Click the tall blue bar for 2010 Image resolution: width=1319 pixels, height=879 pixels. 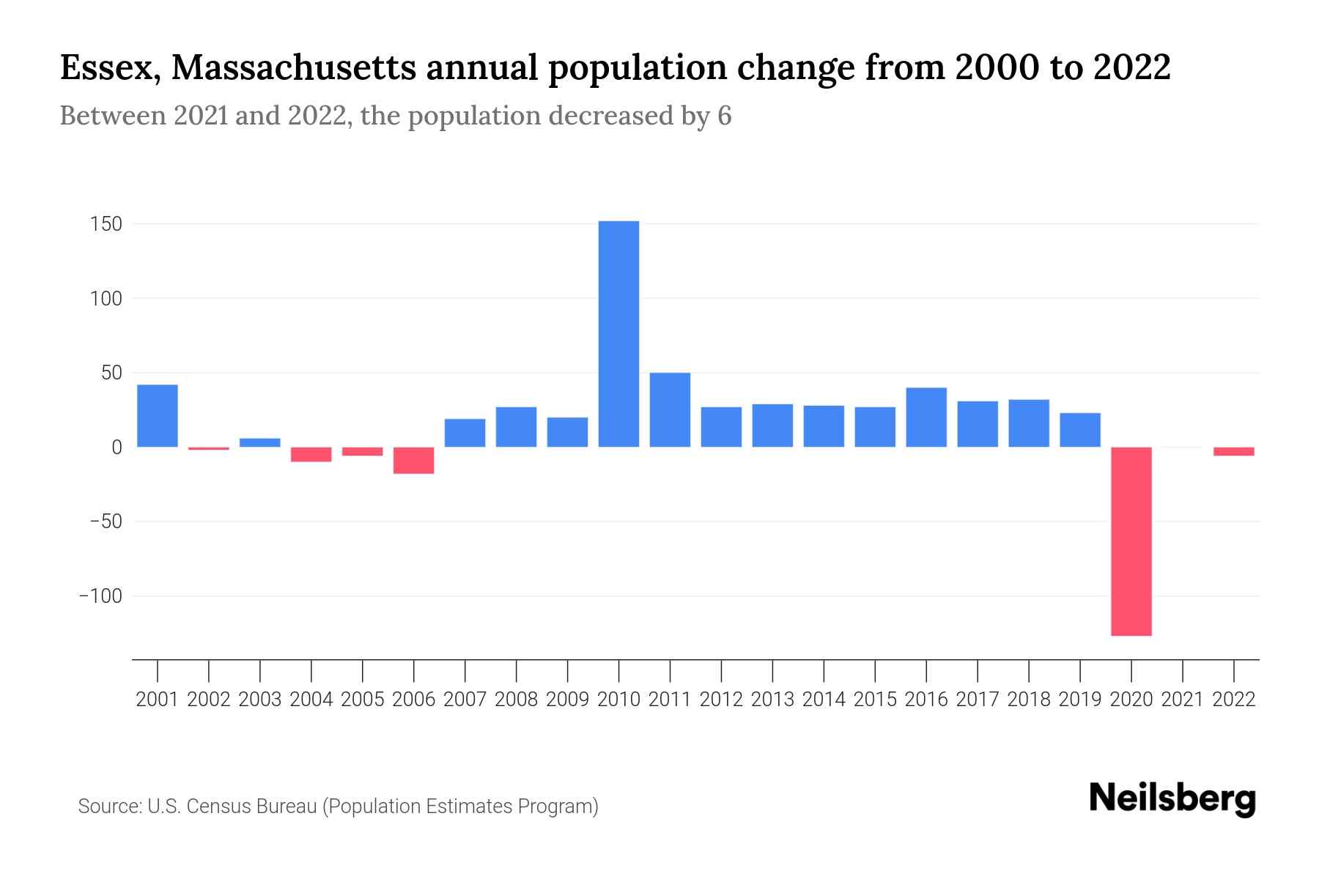tap(618, 334)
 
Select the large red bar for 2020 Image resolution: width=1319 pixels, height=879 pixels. tap(1131, 541)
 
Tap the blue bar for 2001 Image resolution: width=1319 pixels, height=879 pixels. tap(158, 415)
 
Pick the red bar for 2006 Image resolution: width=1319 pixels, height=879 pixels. tap(414, 461)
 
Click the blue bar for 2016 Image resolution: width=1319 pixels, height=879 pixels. tap(926, 417)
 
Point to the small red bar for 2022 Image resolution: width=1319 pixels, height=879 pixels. tap(1234, 452)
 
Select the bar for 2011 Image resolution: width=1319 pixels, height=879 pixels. tap(670, 410)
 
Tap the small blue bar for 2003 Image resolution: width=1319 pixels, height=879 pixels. tap(260, 442)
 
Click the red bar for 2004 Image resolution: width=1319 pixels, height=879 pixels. tap(311, 455)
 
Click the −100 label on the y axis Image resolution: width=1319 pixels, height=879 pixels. tap(100, 596)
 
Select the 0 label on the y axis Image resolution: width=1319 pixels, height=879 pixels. tap(117, 448)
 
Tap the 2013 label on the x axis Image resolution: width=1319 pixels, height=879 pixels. tap(772, 700)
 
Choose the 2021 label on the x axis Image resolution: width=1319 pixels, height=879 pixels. tap(1183, 700)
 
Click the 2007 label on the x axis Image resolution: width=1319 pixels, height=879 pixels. tap(465, 700)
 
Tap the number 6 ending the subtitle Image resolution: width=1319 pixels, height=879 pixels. tap(724, 116)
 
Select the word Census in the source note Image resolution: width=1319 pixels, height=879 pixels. tap(218, 806)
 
